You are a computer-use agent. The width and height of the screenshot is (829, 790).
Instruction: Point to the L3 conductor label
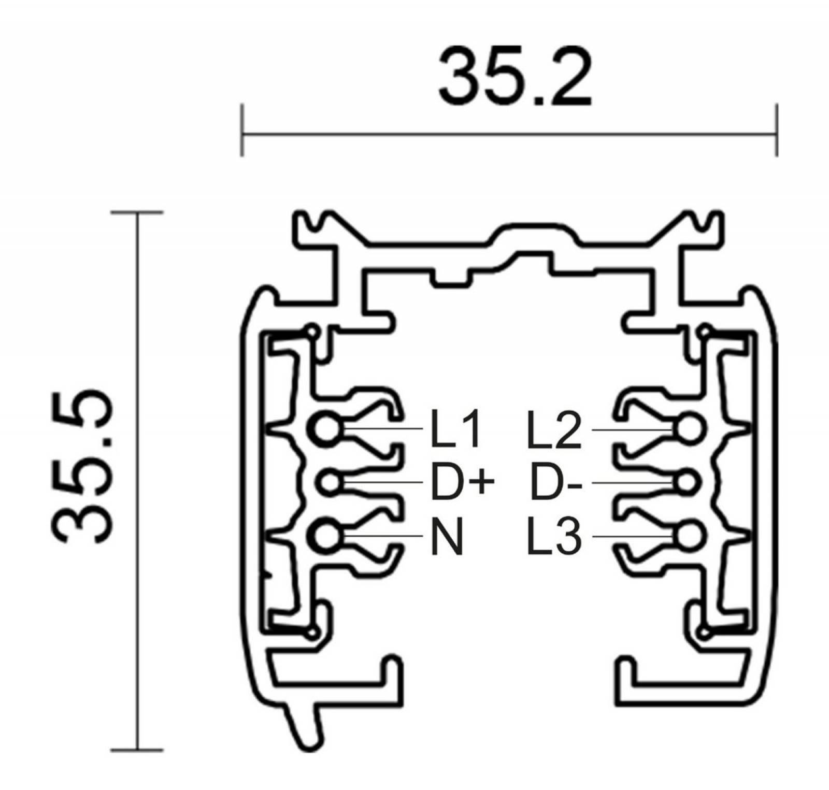(x=554, y=537)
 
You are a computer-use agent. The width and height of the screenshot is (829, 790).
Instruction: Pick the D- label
(x=556, y=483)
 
